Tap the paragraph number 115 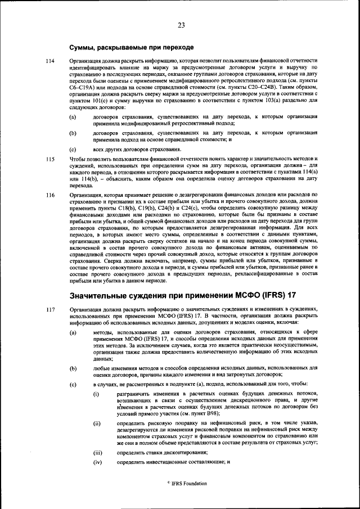coord(50,159)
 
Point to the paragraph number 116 coord(50,195)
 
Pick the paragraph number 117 coord(50,309)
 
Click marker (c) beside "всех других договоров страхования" coord(73,149)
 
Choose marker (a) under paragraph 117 coord(73,333)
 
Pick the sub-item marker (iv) coord(97,462)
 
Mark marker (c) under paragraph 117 coord(73,384)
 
